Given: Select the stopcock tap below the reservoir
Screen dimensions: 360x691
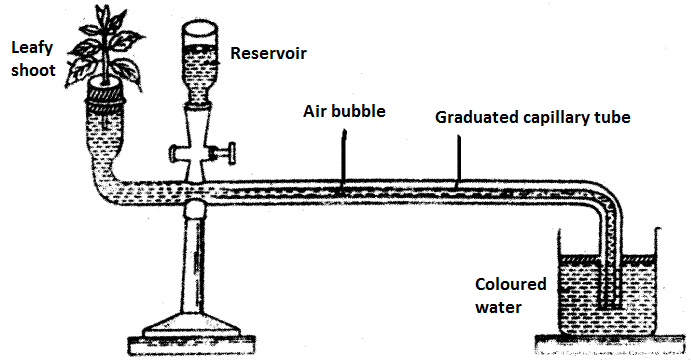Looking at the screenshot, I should coord(202,154).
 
